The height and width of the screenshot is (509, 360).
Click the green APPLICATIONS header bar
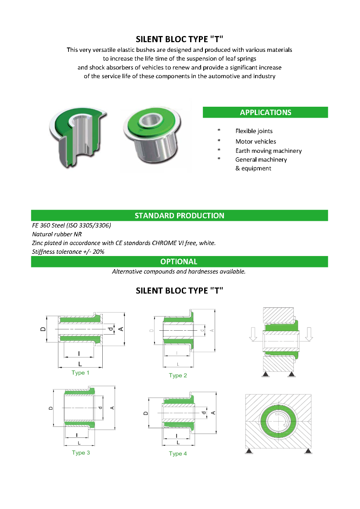click(x=265, y=112)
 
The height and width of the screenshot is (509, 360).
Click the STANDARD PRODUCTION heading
click(x=179, y=216)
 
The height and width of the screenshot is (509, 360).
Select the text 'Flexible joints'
click(x=254, y=131)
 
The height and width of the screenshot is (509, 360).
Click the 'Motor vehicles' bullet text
click(x=256, y=141)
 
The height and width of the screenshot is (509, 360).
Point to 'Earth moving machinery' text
click(x=268, y=151)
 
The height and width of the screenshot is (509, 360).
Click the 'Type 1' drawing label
click(x=80, y=373)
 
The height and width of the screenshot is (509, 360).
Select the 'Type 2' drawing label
click(x=178, y=375)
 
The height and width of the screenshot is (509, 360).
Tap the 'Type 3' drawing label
click(x=81, y=453)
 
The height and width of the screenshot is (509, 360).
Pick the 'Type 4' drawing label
click(x=178, y=454)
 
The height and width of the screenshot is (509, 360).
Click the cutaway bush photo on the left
click(x=77, y=136)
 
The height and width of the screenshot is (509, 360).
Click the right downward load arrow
click(x=309, y=334)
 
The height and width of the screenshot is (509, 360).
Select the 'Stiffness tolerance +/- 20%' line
click(x=68, y=252)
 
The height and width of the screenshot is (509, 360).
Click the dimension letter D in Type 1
click(x=43, y=328)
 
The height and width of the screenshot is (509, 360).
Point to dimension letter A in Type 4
click(x=213, y=412)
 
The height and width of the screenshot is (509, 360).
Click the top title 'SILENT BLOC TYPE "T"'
click(x=180, y=39)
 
